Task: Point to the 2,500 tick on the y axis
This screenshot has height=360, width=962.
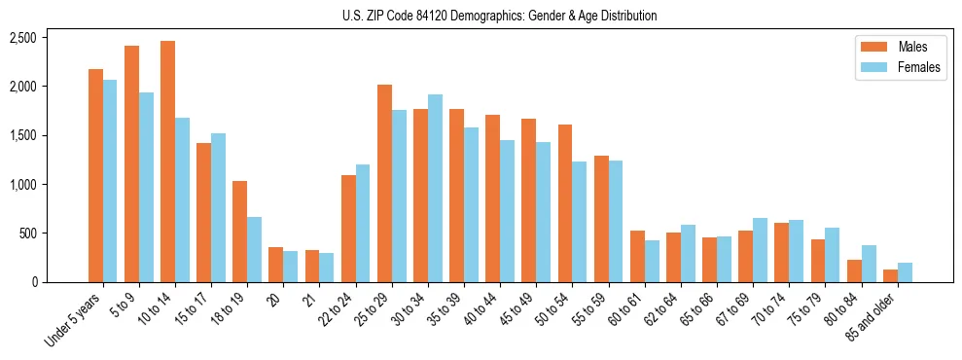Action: tap(22, 38)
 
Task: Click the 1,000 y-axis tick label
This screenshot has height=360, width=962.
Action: tap(22, 185)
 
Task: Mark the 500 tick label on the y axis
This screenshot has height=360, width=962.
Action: tap(27, 234)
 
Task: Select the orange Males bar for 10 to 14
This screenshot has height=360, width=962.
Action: tap(168, 162)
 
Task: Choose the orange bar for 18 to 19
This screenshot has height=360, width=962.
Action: tap(240, 232)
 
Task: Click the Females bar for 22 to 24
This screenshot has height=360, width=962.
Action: tap(363, 223)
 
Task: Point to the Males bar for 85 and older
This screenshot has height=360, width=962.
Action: tap(890, 275)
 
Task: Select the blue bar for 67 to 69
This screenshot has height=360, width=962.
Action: tap(761, 250)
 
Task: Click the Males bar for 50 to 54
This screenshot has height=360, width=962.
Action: tap(565, 203)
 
